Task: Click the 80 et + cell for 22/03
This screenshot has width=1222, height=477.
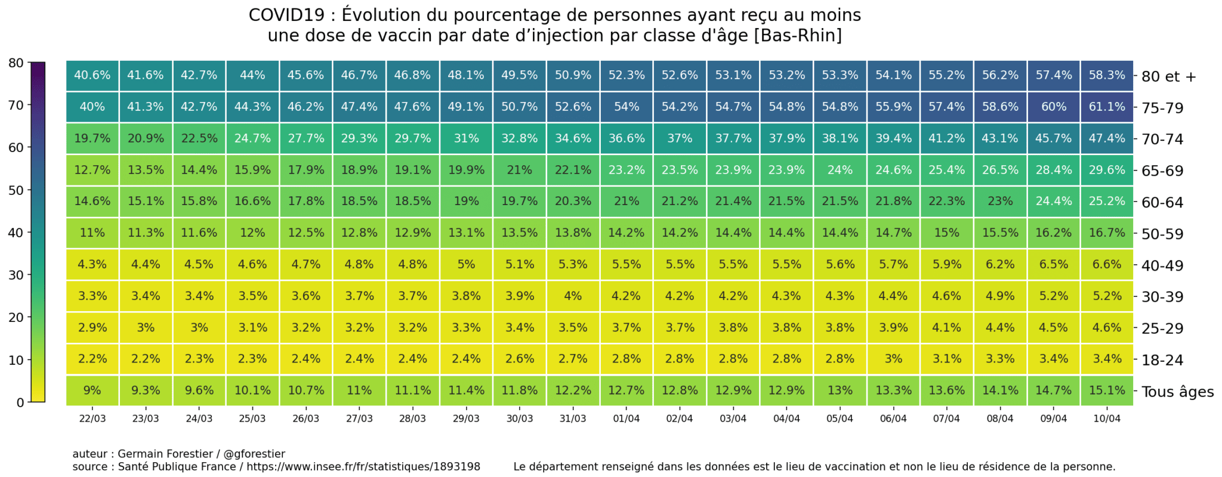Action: click(x=92, y=76)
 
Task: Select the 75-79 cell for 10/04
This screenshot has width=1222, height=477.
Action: click(x=1107, y=107)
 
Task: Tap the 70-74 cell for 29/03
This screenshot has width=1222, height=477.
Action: click(x=466, y=139)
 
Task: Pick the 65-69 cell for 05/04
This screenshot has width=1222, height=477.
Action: click(x=840, y=171)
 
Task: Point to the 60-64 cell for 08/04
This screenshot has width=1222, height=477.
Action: click(x=1000, y=202)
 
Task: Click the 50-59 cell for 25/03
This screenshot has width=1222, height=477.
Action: click(x=252, y=233)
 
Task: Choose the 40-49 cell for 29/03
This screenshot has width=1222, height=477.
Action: click(x=466, y=265)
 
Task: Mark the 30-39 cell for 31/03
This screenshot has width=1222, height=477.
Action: click(x=573, y=296)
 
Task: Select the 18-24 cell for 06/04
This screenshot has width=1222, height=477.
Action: click(x=893, y=359)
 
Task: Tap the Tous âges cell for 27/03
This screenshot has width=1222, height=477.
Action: click(x=359, y=391)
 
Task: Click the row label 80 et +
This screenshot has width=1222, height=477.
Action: click(x=1168, y=77)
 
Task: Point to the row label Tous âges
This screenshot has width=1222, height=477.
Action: click(x=1177, y=392)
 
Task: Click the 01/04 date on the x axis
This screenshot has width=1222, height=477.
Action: click(x=626, y=419)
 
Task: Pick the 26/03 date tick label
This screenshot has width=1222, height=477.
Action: click(x=305, y=419)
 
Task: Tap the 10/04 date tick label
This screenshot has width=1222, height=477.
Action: click(x=1107, y=419)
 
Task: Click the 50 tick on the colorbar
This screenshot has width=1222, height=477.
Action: click(x=16, y=191)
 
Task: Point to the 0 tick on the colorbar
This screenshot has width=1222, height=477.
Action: click(x=20, y=403)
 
